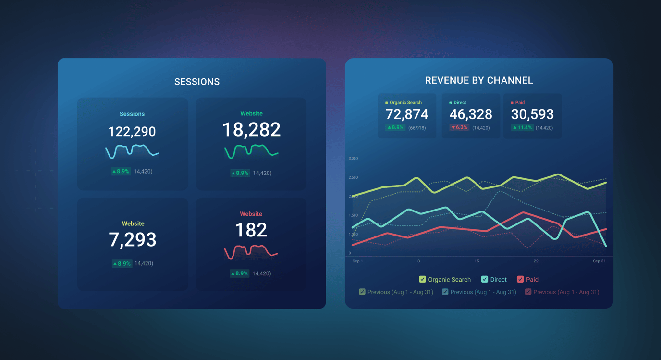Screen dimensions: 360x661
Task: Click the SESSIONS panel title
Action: (197, 82)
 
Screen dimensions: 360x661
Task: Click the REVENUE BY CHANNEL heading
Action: (479, 80)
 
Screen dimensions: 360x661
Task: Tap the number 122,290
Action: (132, 131)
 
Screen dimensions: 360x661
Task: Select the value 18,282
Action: (251, 130)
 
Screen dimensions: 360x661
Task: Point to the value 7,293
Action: (133, 239)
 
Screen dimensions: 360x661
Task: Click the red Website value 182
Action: (251, 230)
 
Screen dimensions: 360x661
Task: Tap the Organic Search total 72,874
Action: (407, 114)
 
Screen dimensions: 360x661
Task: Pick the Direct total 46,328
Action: (471, 114)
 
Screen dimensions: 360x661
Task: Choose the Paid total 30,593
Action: (532, 114)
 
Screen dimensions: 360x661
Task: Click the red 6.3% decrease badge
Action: (459, 128)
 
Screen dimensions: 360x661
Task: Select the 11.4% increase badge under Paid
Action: (522, 128)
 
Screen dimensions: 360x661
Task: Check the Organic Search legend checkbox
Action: (422, 279)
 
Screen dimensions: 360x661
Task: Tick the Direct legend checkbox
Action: (485, 279)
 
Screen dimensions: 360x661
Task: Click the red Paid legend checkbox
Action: (520, 279)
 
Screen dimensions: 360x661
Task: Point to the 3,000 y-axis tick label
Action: (353, 158)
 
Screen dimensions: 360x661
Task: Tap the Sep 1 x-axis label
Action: (357, 261)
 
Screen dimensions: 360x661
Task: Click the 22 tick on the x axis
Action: (536, 261)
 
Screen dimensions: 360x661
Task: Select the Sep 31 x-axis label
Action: (599, 261)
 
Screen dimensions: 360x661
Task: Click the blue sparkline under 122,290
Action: (132, 151)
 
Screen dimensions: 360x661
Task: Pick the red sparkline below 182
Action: (251, 251)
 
